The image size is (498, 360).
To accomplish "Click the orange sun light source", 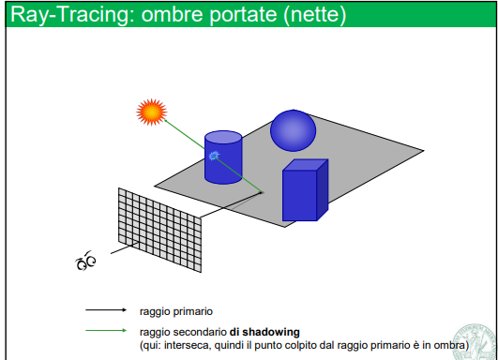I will (150, 113).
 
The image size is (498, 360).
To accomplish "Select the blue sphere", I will (294, 130).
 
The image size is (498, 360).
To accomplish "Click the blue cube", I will (302, 192).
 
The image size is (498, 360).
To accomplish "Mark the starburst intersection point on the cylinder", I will (215, 156).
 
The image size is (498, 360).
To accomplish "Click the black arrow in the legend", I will (106, 309).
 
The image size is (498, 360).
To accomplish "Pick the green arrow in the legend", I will (106, 330).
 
